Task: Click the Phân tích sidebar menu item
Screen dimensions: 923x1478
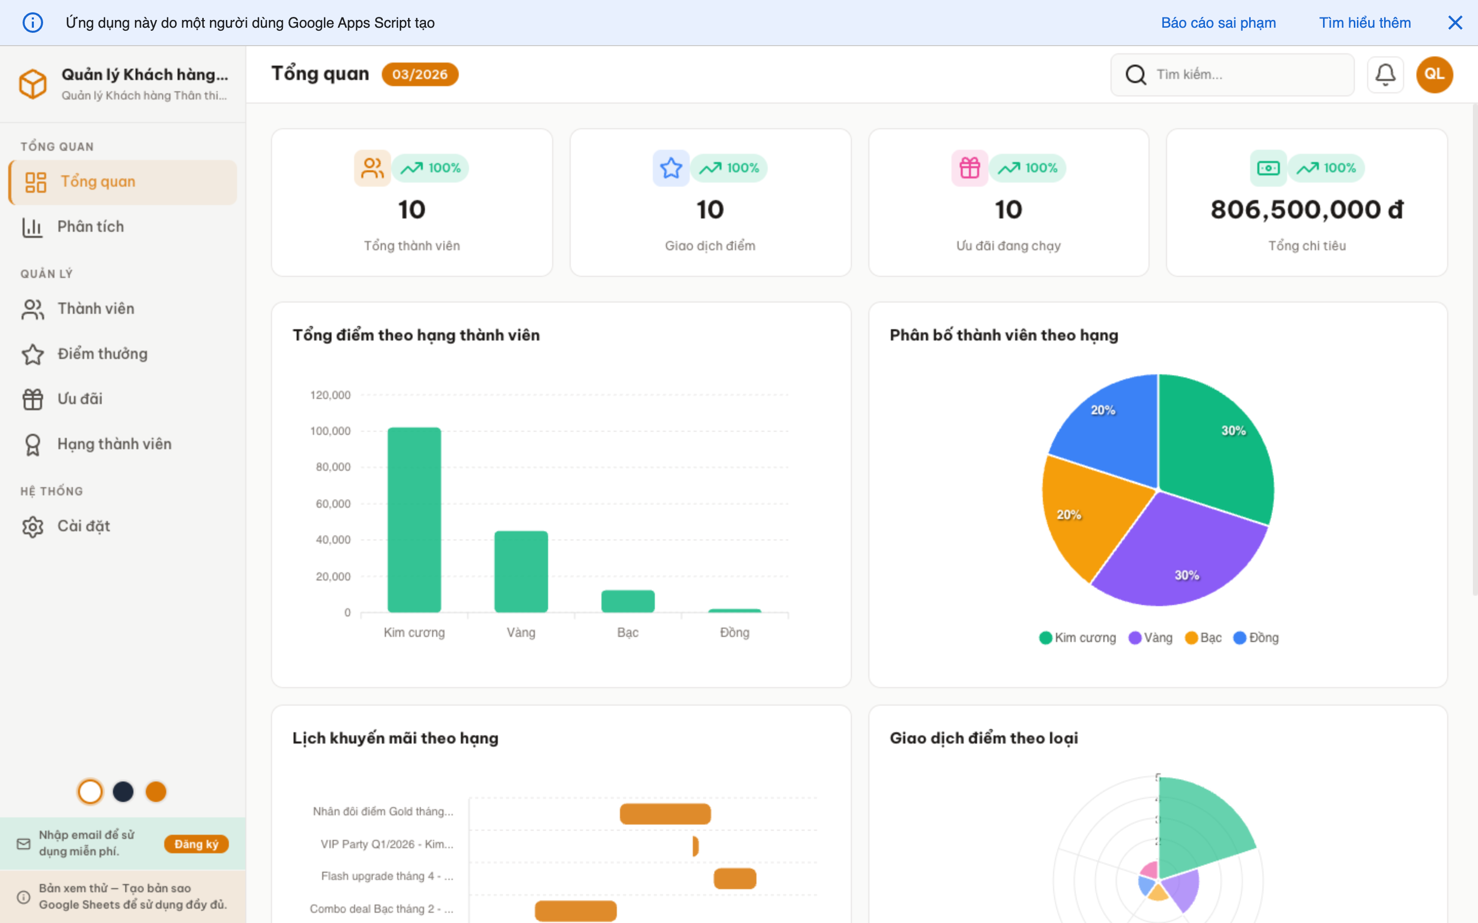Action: pos(90,227)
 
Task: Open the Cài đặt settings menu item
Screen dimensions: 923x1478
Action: pos(83,526)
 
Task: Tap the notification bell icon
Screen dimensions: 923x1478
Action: pos(1385,74)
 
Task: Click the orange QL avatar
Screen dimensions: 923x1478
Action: pos(1434,74)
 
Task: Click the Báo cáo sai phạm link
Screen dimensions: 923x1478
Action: pos(1218,23)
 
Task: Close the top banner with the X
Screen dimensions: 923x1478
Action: pos(1455,23)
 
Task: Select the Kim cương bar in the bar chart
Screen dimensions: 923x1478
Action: pos(414,519)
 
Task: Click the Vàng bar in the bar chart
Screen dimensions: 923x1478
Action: pos(521,571)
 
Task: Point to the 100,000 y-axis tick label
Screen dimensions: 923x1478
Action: pos(330,431)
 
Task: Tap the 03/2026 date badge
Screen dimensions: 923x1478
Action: pos(420,74)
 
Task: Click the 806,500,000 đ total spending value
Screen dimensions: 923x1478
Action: pos(1307,209)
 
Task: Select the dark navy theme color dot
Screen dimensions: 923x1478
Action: pos(123,792)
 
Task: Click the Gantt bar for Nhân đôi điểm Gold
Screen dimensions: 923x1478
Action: pos(665,814)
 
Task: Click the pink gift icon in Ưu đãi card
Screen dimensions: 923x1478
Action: pos(969,168)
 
